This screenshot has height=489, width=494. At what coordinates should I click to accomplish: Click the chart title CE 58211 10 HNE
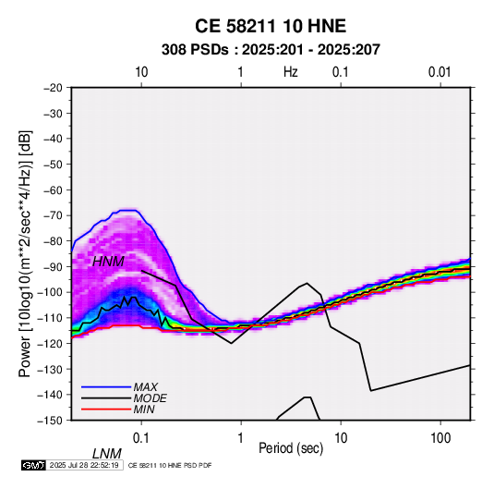[271, 26]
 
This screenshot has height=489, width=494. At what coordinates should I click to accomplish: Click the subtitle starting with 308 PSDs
[271, 50]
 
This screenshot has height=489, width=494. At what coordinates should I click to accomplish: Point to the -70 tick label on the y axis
[53, 215]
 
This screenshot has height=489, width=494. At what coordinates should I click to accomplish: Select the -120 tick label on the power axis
[50, 344]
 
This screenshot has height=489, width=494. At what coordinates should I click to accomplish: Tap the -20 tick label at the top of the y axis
[53, 88]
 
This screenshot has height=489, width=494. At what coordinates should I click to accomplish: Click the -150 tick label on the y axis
[50, 421]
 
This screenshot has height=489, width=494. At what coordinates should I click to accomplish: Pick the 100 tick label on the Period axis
[440, 438]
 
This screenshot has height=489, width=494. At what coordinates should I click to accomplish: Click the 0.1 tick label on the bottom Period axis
[140, 438]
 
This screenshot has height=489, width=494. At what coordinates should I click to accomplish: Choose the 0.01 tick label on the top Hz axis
[440, 72]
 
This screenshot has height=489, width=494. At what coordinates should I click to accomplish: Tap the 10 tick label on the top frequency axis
[141, 72]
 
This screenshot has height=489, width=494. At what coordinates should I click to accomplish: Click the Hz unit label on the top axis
[291, 72]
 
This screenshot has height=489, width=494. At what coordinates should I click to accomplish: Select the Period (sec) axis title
[291, 448]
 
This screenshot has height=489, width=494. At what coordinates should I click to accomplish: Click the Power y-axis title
[25, 253]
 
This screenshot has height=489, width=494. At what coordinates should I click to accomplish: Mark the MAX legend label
[145, 387]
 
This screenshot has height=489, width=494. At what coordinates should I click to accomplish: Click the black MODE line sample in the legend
[106, 398]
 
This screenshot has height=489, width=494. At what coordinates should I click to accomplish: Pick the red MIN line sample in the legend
[106, 410]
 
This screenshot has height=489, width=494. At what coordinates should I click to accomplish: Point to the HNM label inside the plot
[108, 262]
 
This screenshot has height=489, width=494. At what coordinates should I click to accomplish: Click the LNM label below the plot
[107, 454]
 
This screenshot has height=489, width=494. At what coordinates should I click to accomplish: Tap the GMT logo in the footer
[34, 465]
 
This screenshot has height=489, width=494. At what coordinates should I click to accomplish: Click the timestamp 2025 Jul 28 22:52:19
[84, 465]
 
